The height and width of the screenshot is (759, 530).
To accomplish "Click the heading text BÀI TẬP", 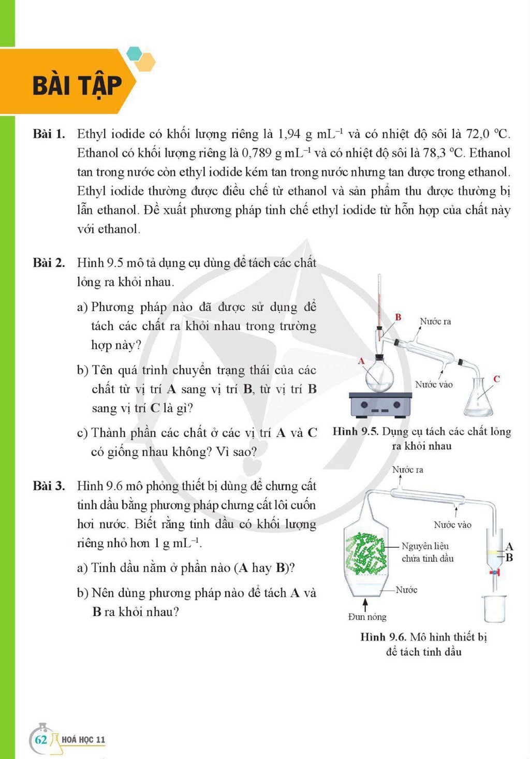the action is tap(77, 86).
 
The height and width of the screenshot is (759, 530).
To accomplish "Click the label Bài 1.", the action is tap(49, 134).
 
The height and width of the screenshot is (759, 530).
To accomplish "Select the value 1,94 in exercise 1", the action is tap(289, 134).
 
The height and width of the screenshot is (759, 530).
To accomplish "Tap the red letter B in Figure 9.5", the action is tap(398, 317).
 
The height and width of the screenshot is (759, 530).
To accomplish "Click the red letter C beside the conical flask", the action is tap(496, 379).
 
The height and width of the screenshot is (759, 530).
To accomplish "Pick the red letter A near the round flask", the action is tap(361, 361).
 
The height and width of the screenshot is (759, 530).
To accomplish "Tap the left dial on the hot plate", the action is tap(364, 404).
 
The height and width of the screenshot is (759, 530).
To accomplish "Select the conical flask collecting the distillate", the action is tap(478, 394).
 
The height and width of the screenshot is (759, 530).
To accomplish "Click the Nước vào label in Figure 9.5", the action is tap(434, 384).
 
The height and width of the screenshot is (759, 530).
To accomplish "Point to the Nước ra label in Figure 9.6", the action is tap(408, 470).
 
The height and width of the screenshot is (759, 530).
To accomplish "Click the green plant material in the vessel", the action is tap(365, 553).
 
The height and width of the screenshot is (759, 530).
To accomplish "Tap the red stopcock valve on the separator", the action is tap(495, 572).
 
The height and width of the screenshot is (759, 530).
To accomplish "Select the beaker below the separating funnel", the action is tap(495, 608).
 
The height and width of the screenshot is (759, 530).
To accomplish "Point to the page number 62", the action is tap(41, 739).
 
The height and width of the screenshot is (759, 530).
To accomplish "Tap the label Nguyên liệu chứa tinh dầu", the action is tap(428, 552).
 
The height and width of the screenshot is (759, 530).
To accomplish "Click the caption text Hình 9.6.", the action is tap(383, 637).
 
